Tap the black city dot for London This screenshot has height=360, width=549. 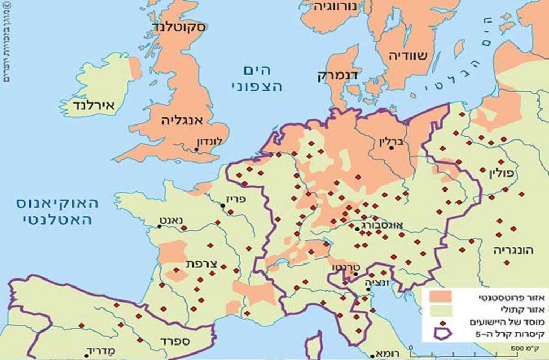197,150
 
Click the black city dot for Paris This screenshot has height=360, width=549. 224,204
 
